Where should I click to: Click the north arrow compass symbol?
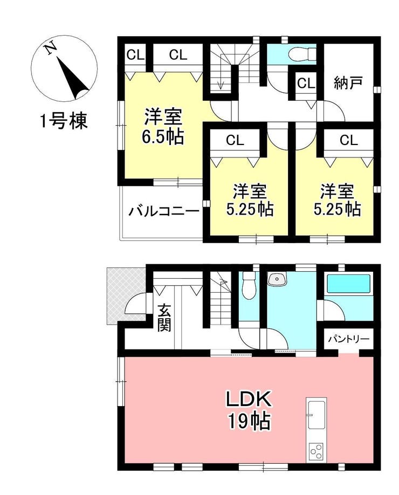[x=64, y=68]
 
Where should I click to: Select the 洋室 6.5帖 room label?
[x=163, y=126]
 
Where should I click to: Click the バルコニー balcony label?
[x=164, y=211]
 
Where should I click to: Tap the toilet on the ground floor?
[x=249, y=283]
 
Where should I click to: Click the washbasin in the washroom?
[x=277, y=278]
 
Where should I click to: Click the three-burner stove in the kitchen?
[x=317, y=452]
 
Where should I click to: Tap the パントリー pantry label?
[x=348, y=339]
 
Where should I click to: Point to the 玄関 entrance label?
[x=164, y=317]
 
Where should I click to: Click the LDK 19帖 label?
[x=249, y=410]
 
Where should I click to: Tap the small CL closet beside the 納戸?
[x=306, y=84]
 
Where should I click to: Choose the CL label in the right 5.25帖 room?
[x=348, y=140]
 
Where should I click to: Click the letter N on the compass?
[x=51, y=49]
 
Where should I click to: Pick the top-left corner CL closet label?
[x=135, y=55]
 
